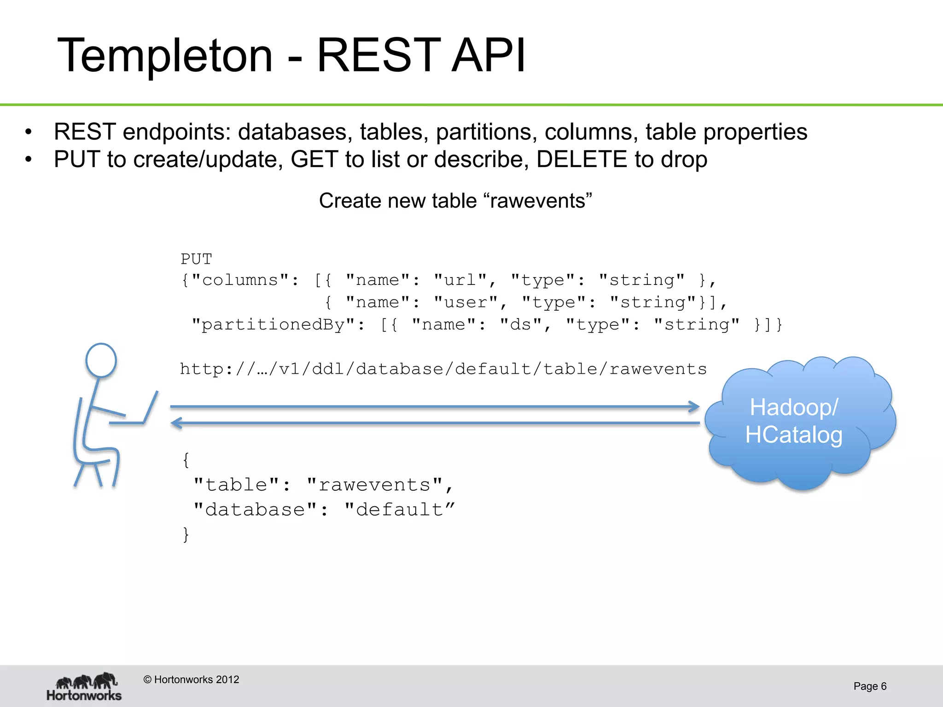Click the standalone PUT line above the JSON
[196, 259]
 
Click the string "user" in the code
[466, 302]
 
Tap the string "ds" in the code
[521, 325]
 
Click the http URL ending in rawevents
[443, 369]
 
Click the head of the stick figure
[101, 360]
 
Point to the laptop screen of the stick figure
[151, 407]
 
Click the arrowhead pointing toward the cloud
[694, 406]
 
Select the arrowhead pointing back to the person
[176, 423]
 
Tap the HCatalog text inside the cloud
[794, 435]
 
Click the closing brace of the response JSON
[186, 534]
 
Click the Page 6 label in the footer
[869, 686]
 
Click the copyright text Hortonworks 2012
[191, 679]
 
